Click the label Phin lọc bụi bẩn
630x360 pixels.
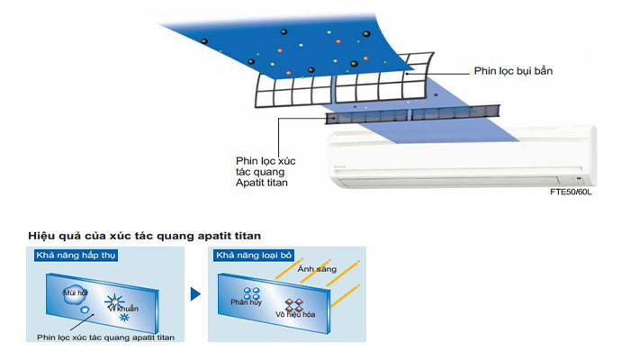click(x=513, y=71)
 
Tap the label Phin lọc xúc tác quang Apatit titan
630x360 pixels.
click(x=265, y=172)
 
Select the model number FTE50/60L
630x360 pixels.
click(x=571, y=192)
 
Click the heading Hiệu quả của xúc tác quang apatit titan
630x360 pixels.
click(x=144, y=236)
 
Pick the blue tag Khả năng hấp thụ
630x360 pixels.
click(x=76, y=256)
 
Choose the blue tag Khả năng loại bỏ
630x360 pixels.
click(x=254, y=255)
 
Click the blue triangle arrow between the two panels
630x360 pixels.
click(x=195, y=294)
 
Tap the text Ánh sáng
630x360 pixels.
click(x=317, y=269)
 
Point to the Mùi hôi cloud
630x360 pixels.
click(x=75, y=294)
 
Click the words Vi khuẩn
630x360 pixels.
click(x=124, y=309)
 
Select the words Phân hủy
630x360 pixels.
click(x=246, y=302)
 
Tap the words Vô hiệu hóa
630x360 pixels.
click(x=295, y=314)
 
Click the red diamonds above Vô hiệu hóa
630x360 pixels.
click(x=294, y=305)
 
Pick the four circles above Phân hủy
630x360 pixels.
click(x=251, y=293)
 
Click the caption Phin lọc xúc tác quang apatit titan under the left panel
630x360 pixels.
click(x=105, y=337)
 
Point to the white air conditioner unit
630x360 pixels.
click(x=462, y=157)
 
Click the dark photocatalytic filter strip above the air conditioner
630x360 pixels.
click(x=412, y=114)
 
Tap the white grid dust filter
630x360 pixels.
click(x=344, y=83)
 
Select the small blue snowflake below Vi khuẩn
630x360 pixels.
click(x=124, y=318)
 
